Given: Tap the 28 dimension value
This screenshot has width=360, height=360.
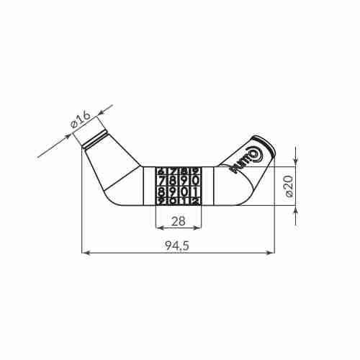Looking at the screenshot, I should click(x=179, y=222).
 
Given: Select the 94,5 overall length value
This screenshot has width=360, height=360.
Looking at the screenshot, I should click(x=179, y=246).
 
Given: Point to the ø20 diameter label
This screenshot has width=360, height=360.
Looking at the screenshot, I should click(x=289, y=185).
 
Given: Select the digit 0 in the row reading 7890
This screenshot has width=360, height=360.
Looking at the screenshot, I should click(x=196, y=180).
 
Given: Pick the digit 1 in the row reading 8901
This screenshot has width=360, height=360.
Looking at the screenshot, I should click(x=196, y=192).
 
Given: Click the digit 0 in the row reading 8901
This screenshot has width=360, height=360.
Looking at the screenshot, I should click(x=185, y=192).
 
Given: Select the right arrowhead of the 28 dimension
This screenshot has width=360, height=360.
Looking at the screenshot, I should click(x=199, y=228).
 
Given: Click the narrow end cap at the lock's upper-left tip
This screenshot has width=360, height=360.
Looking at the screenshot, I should click(x=93, y=138).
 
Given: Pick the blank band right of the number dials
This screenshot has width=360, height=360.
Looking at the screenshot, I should click(x=208, y=186).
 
